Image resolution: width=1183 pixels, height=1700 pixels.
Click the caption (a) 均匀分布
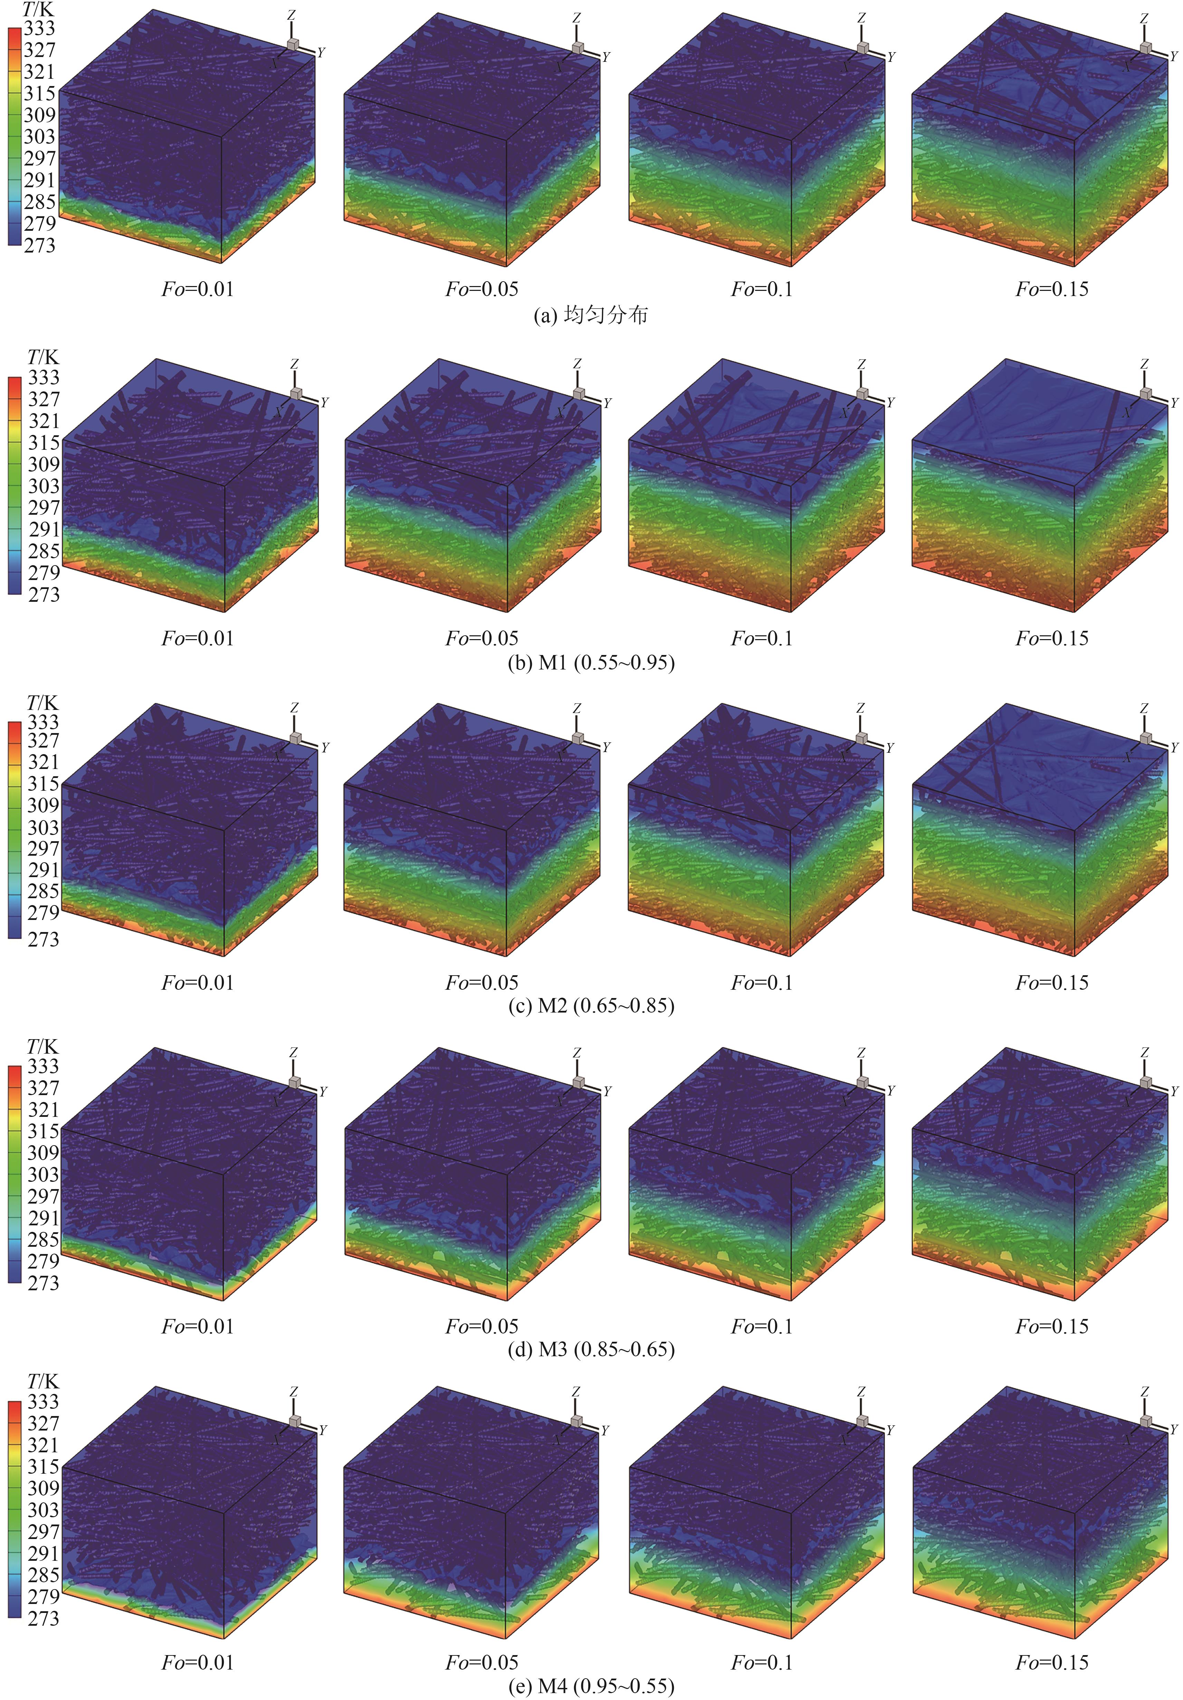(x=591, y=315)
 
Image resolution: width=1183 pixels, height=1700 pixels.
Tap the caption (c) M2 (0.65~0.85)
(x=591, y=1006)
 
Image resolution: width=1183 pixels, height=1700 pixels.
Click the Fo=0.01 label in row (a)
(x=198, y=289)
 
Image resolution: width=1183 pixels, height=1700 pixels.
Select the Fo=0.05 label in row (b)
(x=482, y=638)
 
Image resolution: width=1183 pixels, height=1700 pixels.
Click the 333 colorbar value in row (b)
(x=44, y=378)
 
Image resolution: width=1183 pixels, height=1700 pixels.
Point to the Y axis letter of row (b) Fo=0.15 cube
(x=1173, y=403)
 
